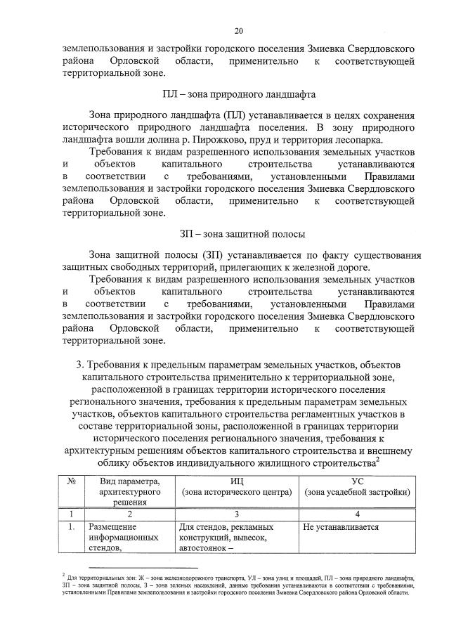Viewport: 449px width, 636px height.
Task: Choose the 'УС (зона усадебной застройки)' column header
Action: pyautogui.click(x=357, y=486)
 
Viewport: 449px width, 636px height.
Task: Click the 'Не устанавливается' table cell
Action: pyautogui.click(x=341, y=526)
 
